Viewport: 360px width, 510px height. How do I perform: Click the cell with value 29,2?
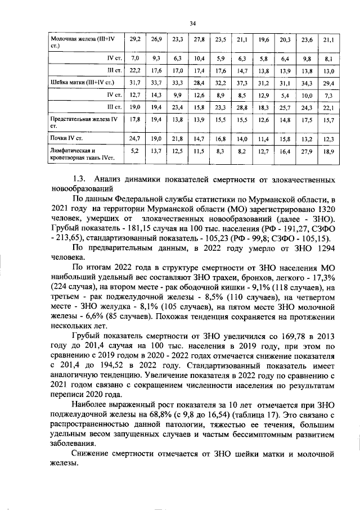pyautogui.click(x=135, y=40)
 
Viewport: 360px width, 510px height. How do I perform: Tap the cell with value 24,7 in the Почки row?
pyautogui.click(x=135, y=138)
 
